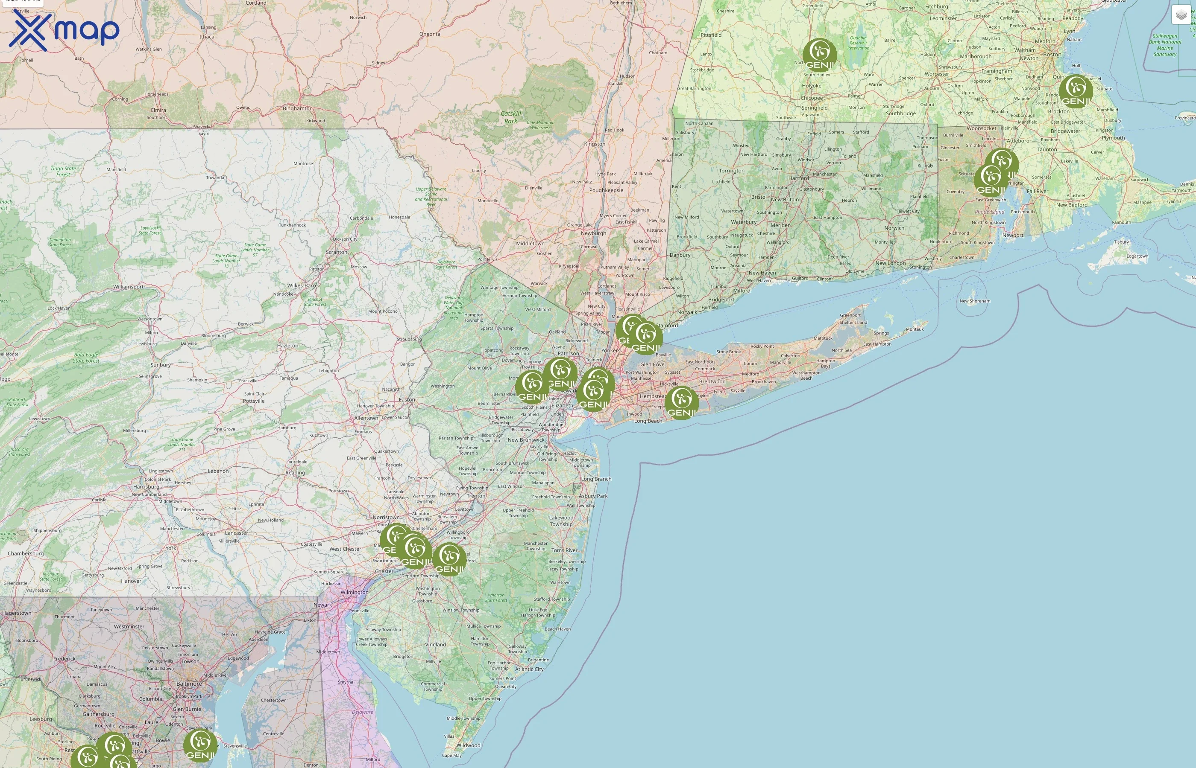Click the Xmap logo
[64, 31]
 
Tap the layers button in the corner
[1181, 15]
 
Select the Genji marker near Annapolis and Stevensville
[200, 745]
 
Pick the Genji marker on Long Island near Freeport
[681, 402]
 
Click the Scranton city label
[337, 252]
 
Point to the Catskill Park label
[510, 117]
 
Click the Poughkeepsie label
[606, 190]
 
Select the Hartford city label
[799, 178]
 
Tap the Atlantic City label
[529, 669]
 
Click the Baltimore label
[189, 684]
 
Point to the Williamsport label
[128, 287]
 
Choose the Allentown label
[366, 418]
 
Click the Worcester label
[936, 74]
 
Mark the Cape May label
[452, 755]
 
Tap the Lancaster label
[237, 532]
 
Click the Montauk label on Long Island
[915, 329]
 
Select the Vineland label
[436, 644]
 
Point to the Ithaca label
[207, 36]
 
